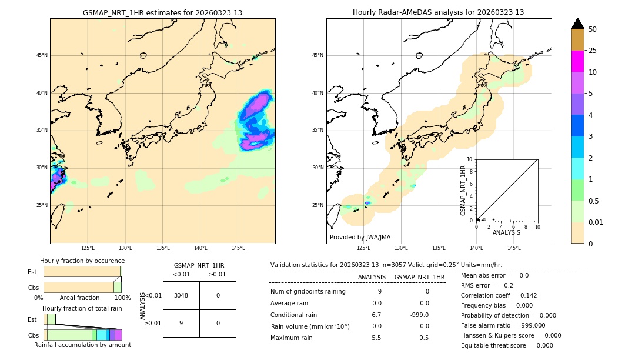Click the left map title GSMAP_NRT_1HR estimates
coord(162,12)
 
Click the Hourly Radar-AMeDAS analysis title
coord(439,12)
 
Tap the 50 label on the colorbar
coord(593,29)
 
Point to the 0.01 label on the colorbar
coord(596,222)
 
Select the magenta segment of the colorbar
coord(577,61)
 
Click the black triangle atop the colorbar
coord(577,24)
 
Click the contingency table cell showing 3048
coord(181,295)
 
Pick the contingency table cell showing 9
coord(181,323)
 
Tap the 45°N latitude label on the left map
coord(42,55)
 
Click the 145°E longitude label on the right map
coord(514,248)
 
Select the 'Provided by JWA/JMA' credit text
coord(360,238)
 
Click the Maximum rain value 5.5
coord(377,338)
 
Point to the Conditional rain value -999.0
coord(420,315)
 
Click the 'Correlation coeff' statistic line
coord(499,295)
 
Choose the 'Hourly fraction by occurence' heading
coord(82,261)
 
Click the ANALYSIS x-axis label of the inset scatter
coord(506,232)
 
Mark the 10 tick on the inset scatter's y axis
coord(470,159)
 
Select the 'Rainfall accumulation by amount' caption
coord(82,345)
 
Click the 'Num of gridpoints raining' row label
coord(308,291)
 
